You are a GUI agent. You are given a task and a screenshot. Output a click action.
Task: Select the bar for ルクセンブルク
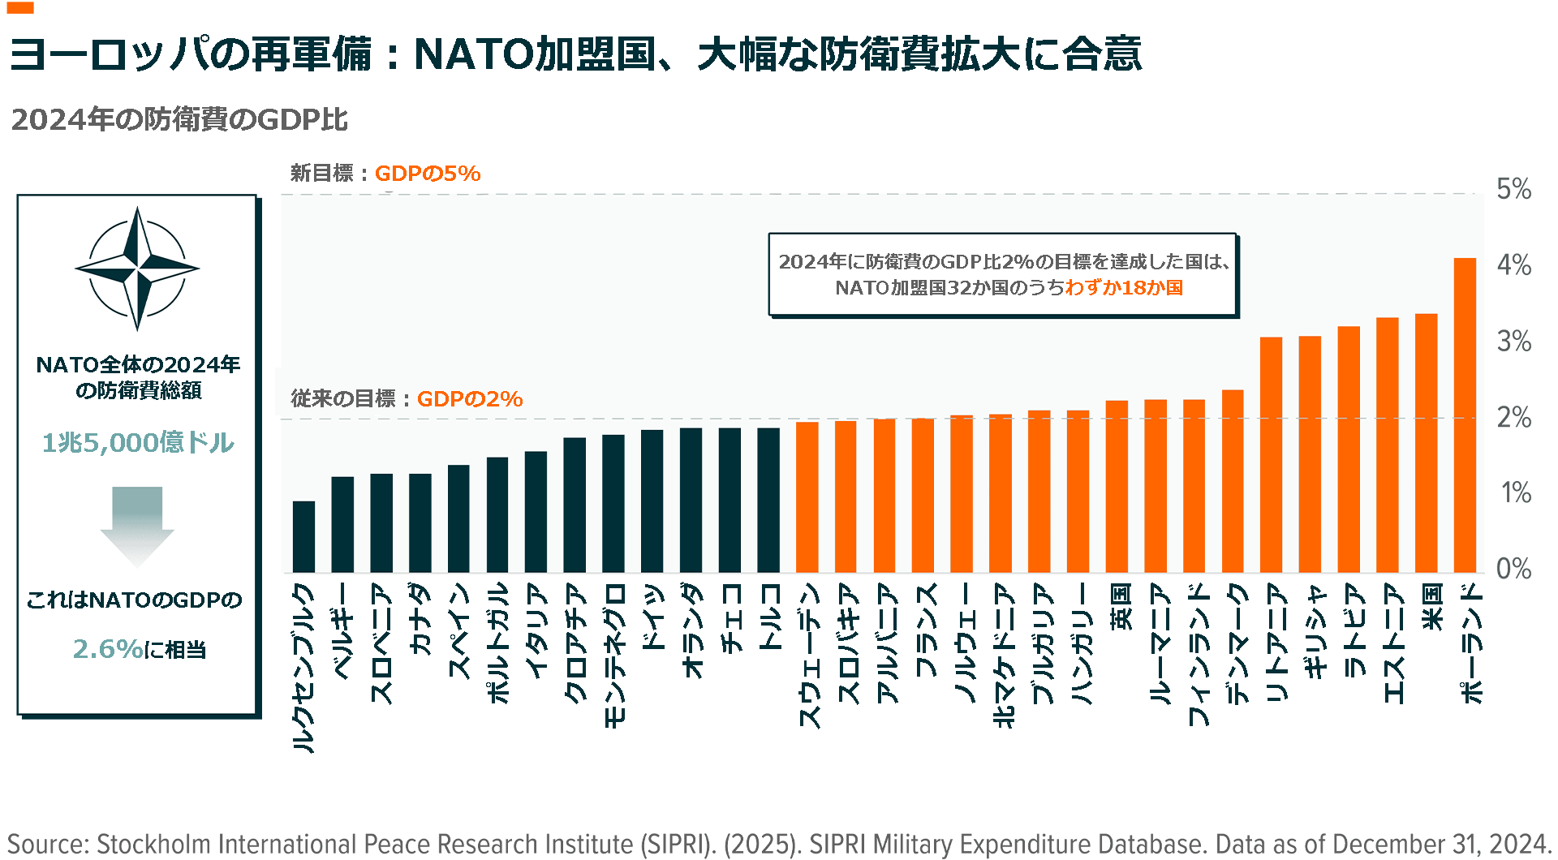point(303,537)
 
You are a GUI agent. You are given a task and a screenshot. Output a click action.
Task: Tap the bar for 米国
point(1426,443)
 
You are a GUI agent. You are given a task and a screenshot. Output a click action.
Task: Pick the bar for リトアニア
point(1271,455)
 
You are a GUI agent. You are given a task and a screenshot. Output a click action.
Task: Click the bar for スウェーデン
point(807,497)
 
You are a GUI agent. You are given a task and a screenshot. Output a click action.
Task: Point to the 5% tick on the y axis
point(1513,190)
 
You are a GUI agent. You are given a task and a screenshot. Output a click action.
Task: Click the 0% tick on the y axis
point(1513,569)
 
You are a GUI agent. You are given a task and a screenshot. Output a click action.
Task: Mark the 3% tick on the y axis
point(1513,342)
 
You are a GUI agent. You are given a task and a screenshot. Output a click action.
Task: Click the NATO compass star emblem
point(137,268)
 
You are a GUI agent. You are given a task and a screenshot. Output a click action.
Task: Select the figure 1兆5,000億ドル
point(138,442)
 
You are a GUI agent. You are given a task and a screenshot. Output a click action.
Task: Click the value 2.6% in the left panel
point(108,649)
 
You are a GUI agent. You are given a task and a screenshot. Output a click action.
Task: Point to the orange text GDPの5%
point(428,174)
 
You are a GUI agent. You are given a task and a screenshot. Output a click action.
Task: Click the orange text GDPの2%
point(470,399)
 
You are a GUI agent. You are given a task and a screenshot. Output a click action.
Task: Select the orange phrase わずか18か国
point(1124,288)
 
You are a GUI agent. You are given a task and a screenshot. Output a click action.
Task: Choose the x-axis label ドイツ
point(652,617)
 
